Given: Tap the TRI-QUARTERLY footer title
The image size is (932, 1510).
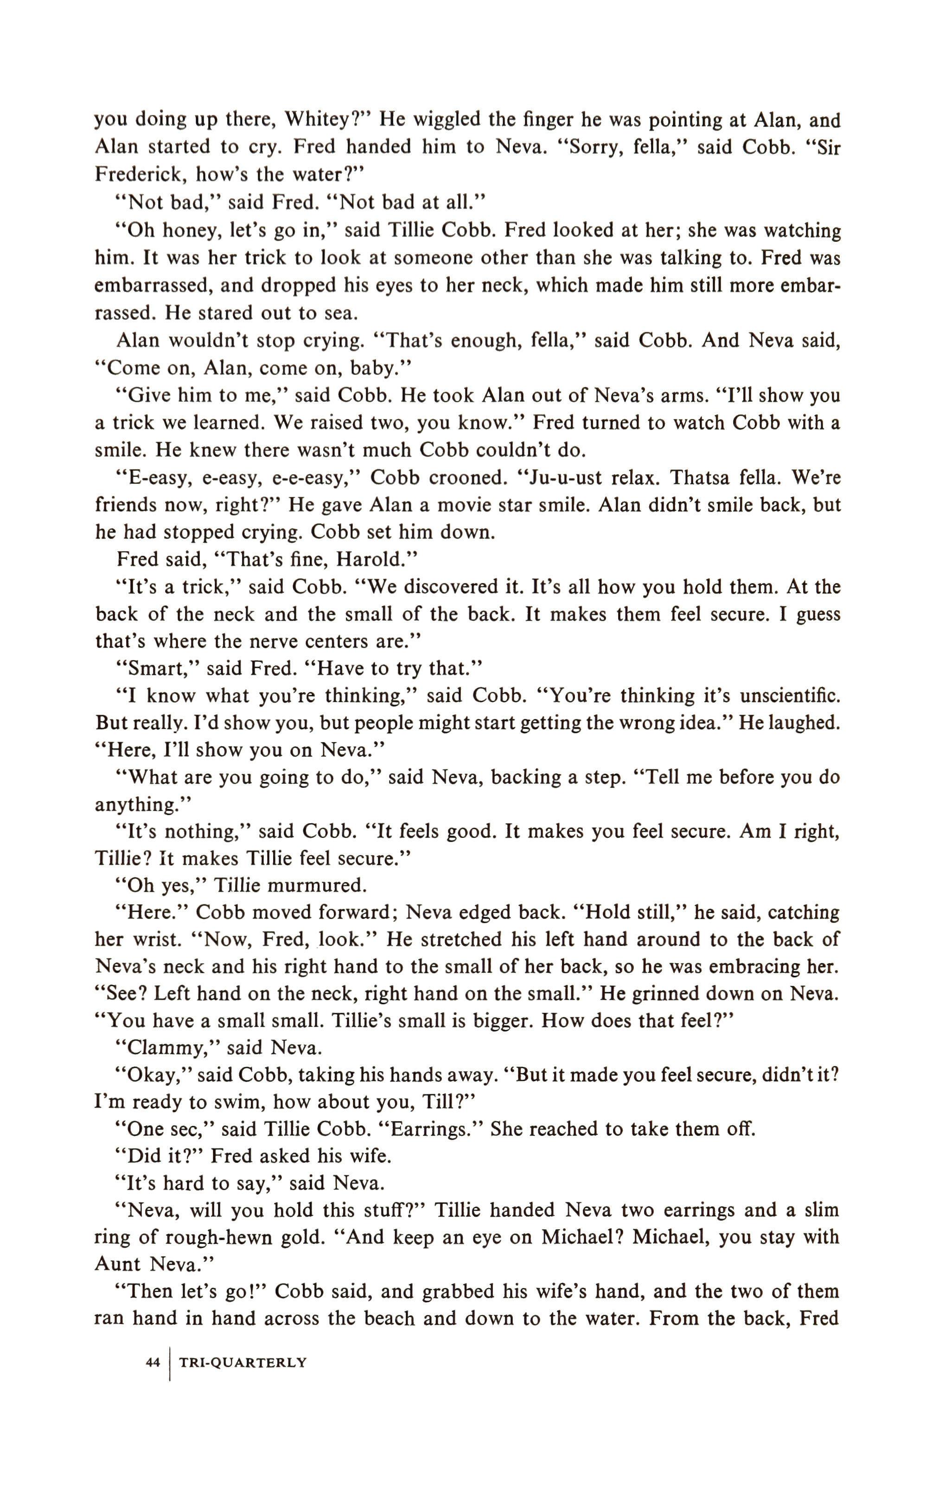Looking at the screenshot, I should [x=242, y=1363].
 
